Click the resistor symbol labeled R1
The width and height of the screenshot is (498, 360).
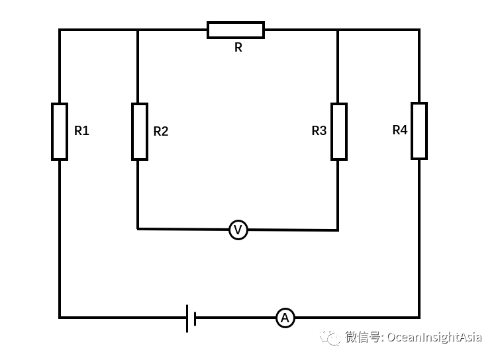point(60,132)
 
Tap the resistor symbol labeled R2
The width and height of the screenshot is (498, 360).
point(139,132)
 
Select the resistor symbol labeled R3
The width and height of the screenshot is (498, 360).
point(339,132)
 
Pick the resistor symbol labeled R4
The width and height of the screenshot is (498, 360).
point(419,131)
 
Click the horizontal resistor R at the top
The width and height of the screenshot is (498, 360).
point(236,30)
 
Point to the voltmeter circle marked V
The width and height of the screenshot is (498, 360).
point(238,230)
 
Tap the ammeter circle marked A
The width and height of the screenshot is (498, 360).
point(285,318)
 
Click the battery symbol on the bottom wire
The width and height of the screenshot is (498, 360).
point(191,318)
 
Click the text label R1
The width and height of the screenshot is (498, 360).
point(81,131)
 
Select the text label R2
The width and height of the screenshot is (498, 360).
point(161,132)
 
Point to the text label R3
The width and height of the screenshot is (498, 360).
point(319,131)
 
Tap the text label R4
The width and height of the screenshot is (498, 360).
point(399,130)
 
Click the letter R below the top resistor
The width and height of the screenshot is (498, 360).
point(238,48)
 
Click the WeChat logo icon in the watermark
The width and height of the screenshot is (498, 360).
point(330,337)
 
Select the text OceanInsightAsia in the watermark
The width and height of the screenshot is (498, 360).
point(434,337)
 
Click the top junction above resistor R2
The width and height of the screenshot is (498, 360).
point(138,30)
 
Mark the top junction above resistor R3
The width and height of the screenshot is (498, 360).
point(338,30)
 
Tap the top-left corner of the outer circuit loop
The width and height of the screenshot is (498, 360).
point(60,30)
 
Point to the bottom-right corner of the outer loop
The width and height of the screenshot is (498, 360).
point(419,318)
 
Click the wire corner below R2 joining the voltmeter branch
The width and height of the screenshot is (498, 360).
point(138,229)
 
